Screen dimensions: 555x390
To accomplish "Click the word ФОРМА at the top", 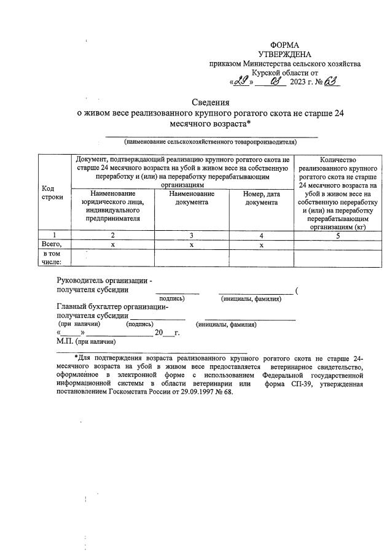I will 285,45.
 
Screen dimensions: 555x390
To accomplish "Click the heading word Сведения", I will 209,103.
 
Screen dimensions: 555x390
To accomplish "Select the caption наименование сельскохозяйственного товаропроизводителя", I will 210,142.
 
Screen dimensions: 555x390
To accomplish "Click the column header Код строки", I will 52,192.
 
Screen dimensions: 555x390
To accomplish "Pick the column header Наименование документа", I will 192,198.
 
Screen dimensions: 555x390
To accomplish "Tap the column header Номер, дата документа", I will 261,198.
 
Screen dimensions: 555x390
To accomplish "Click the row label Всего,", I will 54,244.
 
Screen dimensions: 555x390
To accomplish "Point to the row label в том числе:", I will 52,257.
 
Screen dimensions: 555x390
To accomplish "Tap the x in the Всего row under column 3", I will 192,244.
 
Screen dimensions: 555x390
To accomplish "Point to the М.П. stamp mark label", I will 64,340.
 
